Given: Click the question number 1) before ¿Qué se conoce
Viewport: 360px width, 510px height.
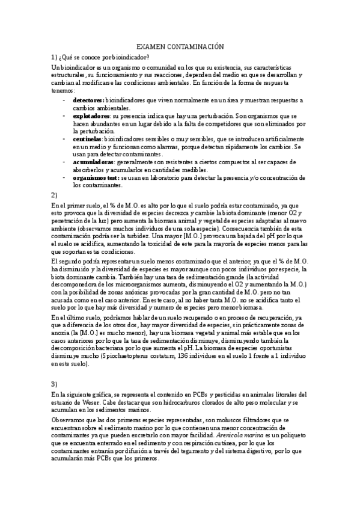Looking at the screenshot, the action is coord(55,57).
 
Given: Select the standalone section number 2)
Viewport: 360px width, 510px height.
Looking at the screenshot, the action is coord(55,195).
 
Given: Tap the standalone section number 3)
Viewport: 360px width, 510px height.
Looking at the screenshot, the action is coord(55,383).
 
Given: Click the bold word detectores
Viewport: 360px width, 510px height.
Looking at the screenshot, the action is coord(88,100).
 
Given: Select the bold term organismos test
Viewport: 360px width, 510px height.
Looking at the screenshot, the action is coord(96,178).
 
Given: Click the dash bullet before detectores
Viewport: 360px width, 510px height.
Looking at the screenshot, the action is coord(64,100).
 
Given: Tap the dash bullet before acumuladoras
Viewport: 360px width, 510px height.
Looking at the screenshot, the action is coord(64,162).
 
